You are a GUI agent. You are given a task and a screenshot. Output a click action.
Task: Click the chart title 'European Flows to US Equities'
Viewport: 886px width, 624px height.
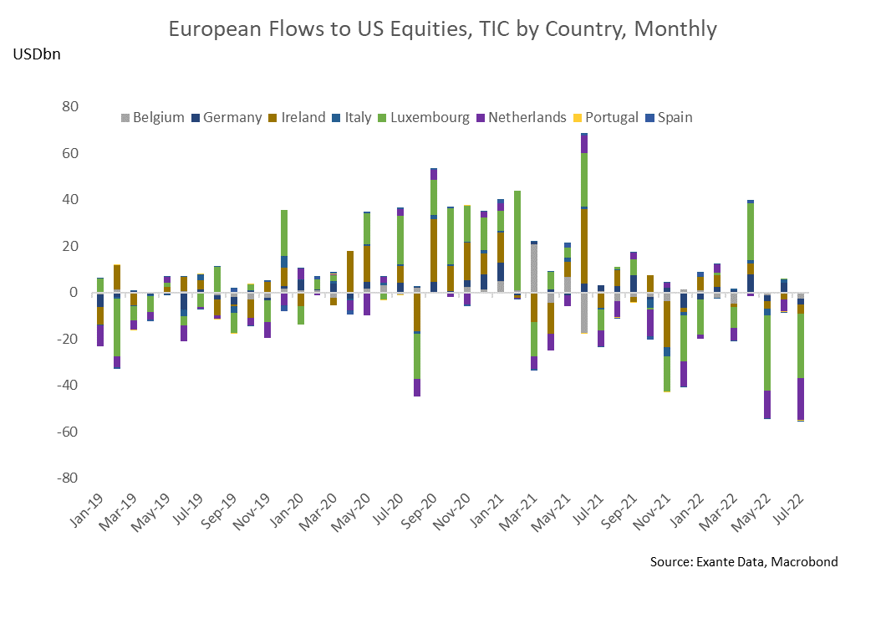pos(442,29)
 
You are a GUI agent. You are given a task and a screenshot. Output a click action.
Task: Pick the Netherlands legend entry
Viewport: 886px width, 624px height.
pos(525,118)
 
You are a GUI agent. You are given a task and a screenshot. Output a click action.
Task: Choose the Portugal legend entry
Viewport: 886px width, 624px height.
pos(610,118)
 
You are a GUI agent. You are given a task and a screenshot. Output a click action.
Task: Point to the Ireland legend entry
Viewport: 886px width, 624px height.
pos(298,118)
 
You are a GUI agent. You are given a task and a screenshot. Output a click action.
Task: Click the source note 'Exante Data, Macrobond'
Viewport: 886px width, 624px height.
pos(743,561)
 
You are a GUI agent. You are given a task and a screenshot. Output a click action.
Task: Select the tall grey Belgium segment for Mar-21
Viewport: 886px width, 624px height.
pos(534,268)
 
